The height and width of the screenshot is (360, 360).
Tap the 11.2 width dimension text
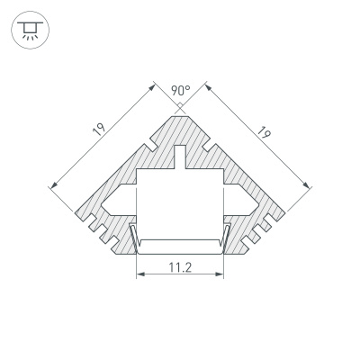180,266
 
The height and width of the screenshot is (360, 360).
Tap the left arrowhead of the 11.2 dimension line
139,276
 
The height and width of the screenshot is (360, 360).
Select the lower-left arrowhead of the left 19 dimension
53,186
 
